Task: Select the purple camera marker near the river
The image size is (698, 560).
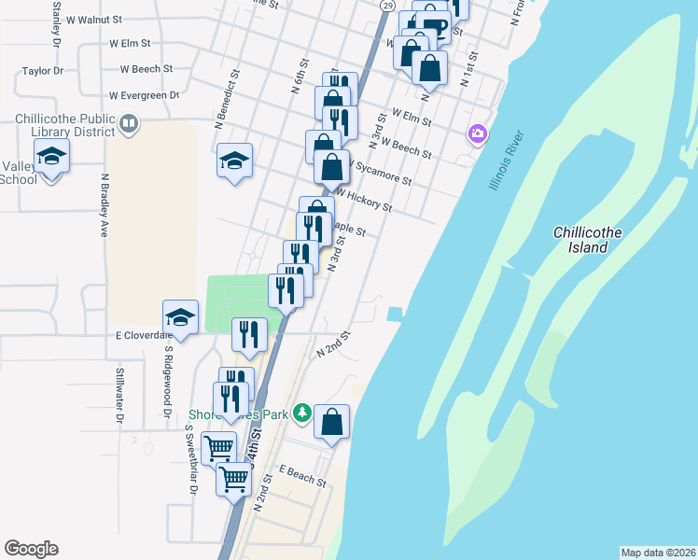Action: (x=478, y=135)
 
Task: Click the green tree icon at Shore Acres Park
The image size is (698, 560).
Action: (x=301, y=412)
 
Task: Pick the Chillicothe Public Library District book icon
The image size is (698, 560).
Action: (x=130, y=122)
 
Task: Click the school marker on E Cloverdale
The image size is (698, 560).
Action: (x=181, y=316)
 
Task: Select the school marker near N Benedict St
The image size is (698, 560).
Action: (x=235, y=160)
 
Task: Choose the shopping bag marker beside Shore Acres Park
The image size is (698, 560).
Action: (x=331, y=422)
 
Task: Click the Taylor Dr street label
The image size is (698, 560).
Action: (x=42, y=70)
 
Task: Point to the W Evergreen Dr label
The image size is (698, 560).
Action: (x=144, y=95)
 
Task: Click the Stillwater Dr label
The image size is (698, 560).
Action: (x=119, y=396)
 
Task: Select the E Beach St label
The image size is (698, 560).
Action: (x=301, y=476)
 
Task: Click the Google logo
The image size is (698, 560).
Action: (x=31, y=549)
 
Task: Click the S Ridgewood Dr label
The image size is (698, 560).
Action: (x=168, y=382)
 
